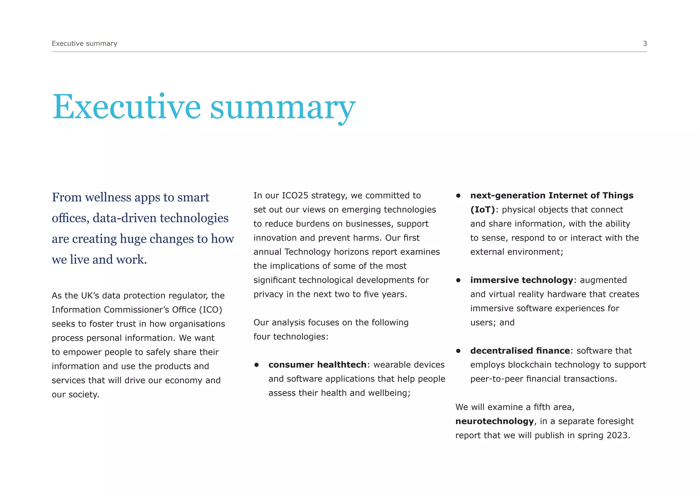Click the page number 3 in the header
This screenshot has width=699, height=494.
point(645,43)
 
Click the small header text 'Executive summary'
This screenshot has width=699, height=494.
point(84,43)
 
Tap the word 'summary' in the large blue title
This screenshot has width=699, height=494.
point(283,107)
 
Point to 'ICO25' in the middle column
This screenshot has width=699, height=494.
point(295,195)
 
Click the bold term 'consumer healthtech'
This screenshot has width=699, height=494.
point(317,365)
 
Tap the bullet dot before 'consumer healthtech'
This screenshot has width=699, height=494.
point(257,365)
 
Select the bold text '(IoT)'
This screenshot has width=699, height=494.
point(482,210)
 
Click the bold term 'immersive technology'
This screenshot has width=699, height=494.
point(522,280)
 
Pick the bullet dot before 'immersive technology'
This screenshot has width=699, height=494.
point(458,280)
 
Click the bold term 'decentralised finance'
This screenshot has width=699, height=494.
point(520,351)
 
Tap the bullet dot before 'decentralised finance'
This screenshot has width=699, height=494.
point(458,351)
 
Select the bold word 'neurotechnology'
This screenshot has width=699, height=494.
point(495,421)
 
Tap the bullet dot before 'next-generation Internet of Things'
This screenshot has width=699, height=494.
point(458,196)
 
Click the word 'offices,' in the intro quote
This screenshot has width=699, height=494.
point(71,218)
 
